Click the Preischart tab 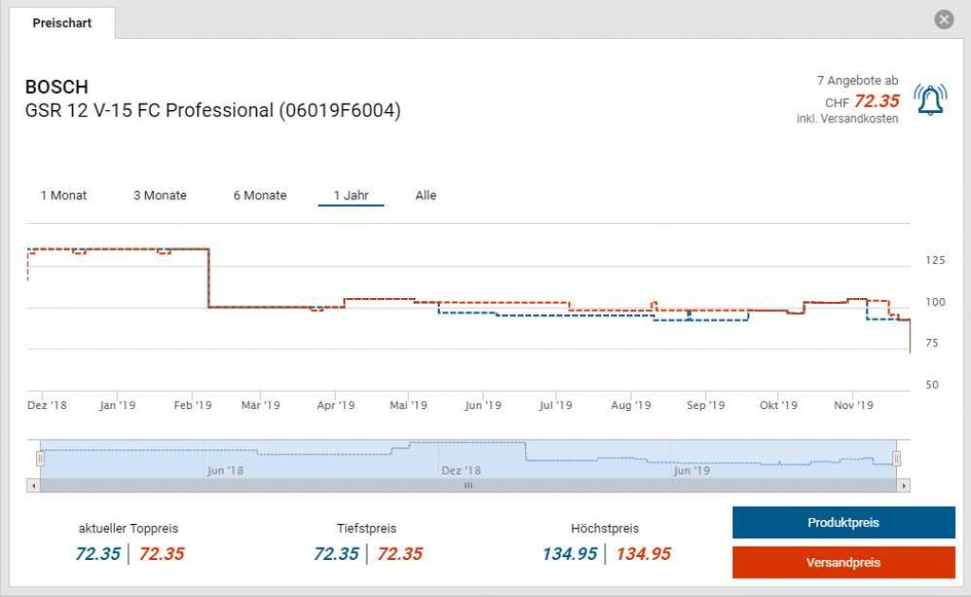63,23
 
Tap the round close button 944,20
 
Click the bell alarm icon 929,100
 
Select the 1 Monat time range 64,196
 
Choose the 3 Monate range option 159,196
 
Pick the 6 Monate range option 260,196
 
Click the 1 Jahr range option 351,196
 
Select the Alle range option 426,196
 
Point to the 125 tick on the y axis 934,260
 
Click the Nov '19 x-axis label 853,405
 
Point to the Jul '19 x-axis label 556,405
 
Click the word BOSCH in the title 57,87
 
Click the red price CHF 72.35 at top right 876,102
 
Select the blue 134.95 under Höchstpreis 570,554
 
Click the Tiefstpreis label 366,529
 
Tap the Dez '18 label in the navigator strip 461,470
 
